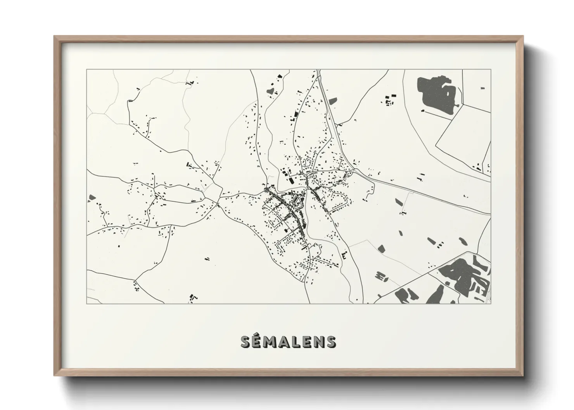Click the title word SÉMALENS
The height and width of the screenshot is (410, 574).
click(288, 341)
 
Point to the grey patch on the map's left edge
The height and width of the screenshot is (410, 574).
click(92, 198)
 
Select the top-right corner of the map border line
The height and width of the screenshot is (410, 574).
click(491, 70)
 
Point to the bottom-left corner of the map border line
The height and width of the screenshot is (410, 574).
click(87, 303)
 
